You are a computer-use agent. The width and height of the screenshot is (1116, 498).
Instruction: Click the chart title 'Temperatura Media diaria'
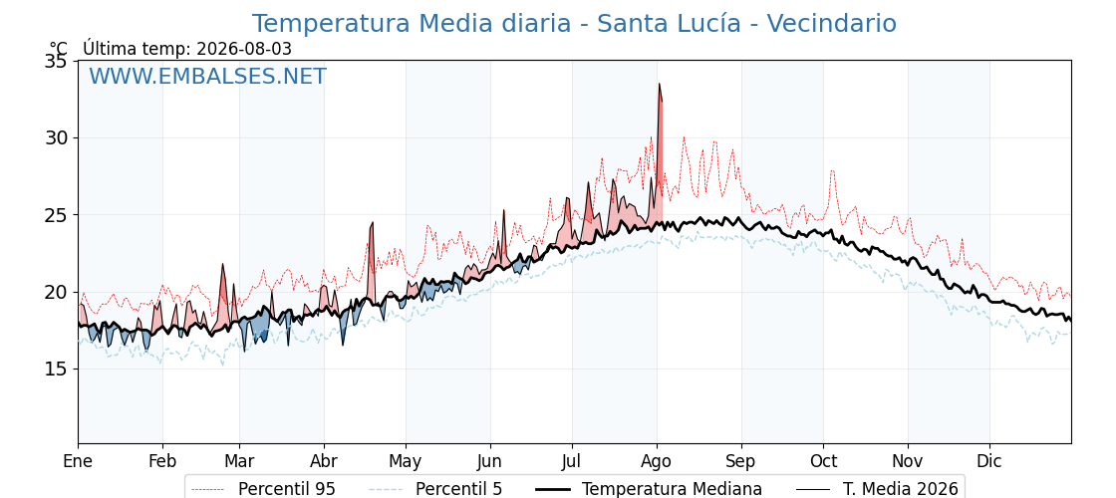[x=412, y=24]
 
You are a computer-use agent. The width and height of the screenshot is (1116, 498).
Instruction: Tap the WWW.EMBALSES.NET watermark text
[x=208, y=76]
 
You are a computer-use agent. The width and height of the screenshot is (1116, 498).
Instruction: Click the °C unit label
[x=59, y=49]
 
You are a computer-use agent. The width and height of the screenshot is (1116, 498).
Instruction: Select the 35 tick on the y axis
[x=57, y=61]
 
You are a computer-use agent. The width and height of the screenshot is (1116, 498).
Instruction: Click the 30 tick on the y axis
[x=57, y=137]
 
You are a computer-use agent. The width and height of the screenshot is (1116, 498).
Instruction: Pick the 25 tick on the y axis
[x=57, y=215]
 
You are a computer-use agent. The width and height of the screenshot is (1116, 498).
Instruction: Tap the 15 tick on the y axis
[x=57, y=369]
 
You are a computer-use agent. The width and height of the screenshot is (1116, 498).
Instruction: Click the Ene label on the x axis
[x=78, y=461]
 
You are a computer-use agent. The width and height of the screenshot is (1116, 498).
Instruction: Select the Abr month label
[x=324, y=461]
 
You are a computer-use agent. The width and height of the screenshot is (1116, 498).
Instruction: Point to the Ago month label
[x=657, y=462]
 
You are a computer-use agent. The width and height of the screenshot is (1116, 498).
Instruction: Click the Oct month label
[x=823, y=461]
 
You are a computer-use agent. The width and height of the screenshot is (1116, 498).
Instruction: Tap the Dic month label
[x=989, y=461]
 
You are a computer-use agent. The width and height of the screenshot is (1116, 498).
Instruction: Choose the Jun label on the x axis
[x=489, y=461]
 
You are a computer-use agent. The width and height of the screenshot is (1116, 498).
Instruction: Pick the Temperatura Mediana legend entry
[x=649, y=489]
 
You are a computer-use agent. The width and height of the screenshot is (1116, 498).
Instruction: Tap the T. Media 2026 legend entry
[x=876, y=489]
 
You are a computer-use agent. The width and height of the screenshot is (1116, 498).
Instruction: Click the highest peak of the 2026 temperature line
[x=659, y=84]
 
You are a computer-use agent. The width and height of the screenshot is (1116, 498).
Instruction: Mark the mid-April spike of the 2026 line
[x=372, y=223]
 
